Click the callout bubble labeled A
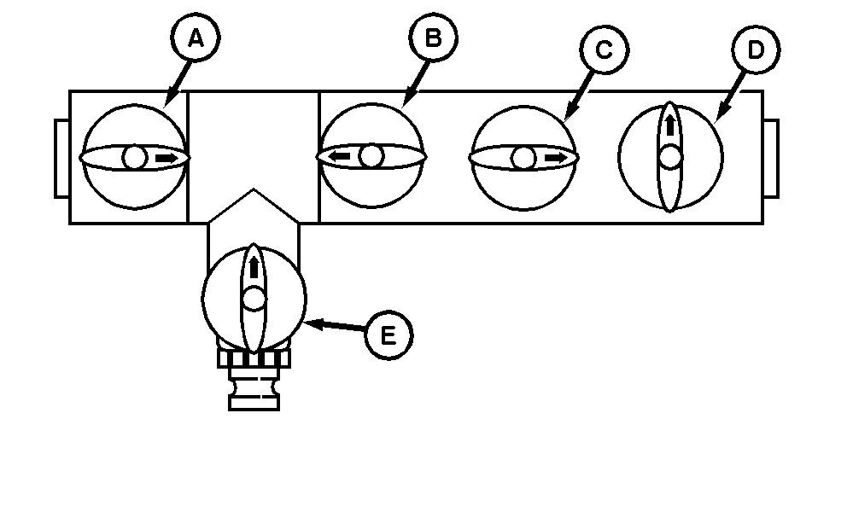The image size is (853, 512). pyautogui.click(x=195, y=38)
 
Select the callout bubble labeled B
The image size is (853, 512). pyautogui.click(x=434, y=38)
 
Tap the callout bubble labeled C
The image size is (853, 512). pyautogui.click(x=603, y=50)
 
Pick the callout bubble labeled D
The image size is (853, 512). pyautogui.click(x=755, y=50)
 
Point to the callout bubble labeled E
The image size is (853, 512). pyautogui.click(x=388, y=335)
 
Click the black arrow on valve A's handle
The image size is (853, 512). pyautogui.click(x=167, y=158)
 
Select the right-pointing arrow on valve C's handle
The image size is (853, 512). pyautogui.click(x=554, y=158)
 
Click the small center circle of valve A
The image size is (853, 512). pyautogui.click(x=134, y=157)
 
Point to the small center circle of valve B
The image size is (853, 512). pyautogui.click(x=371, y=156)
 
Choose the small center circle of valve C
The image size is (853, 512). pyautogui.click(x=523, y=158)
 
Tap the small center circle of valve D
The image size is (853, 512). pyautogui.click(x=670, y=157)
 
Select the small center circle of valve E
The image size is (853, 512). pyautogui.click(x=254, y=299)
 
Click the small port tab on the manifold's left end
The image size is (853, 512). pyautogui.click(x=61, y=159)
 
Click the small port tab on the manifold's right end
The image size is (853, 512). pyautogui.click(x=771, y=159)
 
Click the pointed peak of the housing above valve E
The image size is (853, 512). pyautogui.click(x=254, y=191)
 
